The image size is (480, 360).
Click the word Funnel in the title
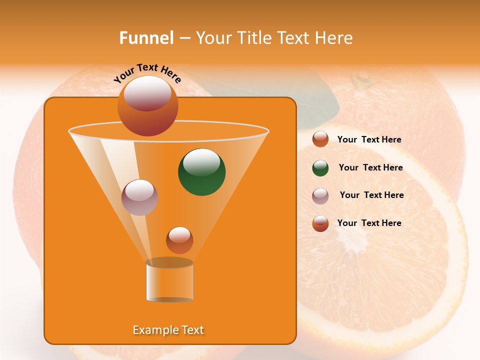pos(146,38)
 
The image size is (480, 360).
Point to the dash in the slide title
pos(184,38)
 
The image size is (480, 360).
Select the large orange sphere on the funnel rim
pos(147,106)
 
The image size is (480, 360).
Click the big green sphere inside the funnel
pos(201,172)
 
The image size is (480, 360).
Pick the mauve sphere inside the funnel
pos(139,197)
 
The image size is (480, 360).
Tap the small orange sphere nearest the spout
pos(179,240)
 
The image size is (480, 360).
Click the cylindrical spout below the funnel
pos(169,282)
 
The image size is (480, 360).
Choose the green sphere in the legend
pos(320,168)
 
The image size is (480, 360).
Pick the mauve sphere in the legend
pos(320,196)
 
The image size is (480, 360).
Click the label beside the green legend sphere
pos(370,168)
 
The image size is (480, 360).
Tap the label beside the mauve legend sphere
pos(371,195)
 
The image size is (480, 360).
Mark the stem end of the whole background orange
pos(361,79)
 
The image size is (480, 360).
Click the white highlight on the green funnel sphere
pos(201,161)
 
